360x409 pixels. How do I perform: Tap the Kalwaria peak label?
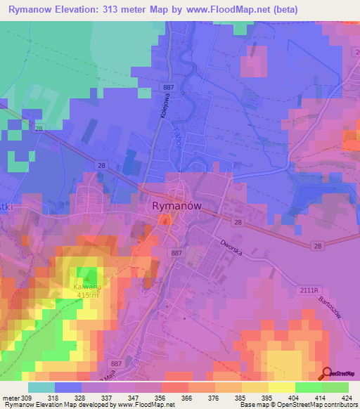87,287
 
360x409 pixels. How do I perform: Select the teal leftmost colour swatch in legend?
41,387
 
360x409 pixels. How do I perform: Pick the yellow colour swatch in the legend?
255,387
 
